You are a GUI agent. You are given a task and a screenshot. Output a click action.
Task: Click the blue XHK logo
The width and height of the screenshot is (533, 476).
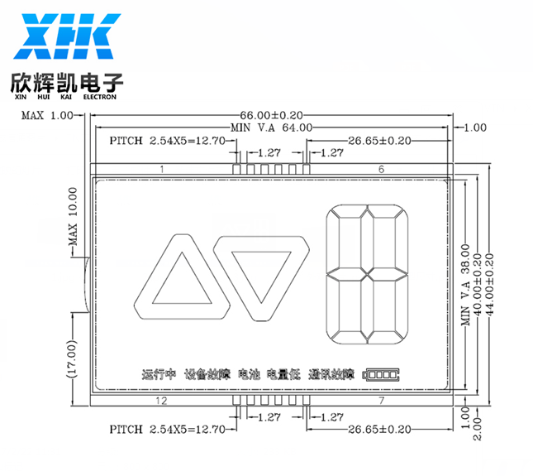pyautogui.click(x=67, y=36)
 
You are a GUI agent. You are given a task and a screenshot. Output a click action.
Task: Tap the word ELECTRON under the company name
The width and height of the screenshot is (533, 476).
pyautogui.click(x=100, y=97)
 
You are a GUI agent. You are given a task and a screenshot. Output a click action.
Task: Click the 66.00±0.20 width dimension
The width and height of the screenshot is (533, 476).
pyautogui.click(x=271, y=115)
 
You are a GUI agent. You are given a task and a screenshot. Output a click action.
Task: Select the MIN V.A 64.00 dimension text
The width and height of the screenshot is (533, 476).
pyautogui.click(x=271, y=127)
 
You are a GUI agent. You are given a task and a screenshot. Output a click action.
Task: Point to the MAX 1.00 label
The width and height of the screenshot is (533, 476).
pyautogui.click(x=47, y=115)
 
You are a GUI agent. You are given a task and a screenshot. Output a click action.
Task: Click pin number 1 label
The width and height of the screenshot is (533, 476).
pyautogui.click(x=162, y=169)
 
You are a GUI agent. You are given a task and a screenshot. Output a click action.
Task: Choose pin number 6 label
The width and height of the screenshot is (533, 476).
pyautogui.click(x=382, y=169)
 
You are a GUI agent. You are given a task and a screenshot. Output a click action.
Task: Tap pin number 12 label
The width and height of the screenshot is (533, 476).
pyautogui.click(x=161, y=401)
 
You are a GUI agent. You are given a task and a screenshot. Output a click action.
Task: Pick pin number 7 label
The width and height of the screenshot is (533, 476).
pyautogui.click(x=382, y=401)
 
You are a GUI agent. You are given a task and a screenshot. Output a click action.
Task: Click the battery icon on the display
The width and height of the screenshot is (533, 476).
pyautogui.click(x=381, y=375)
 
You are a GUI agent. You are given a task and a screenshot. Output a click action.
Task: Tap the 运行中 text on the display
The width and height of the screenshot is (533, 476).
pyautogui.click(x=159, y=374)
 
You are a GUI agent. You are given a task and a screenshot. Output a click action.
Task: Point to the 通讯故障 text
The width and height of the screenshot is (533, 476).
pyautogui.click(x=331, y=374)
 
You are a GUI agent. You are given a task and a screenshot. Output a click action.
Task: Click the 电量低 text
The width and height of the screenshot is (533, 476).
pyautogui.click(x=283, y=374)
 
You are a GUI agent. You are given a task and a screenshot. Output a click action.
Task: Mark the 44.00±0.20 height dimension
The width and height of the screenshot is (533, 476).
pyautogui.click(x=490, y=285)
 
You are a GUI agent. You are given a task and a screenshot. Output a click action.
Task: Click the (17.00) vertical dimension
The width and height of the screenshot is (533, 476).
pyautogui.click(x=72, y=358)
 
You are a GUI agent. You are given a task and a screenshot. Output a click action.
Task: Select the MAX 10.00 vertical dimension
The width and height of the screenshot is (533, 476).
pyautogui.click(x=73, y=217)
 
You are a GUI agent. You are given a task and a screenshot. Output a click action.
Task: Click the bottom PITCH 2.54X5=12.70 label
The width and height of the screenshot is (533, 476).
pyautogui.click(x=167, y=430)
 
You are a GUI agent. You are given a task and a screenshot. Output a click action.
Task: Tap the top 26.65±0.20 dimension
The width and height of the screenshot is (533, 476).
pyautogui.click(x=379, y=140)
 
